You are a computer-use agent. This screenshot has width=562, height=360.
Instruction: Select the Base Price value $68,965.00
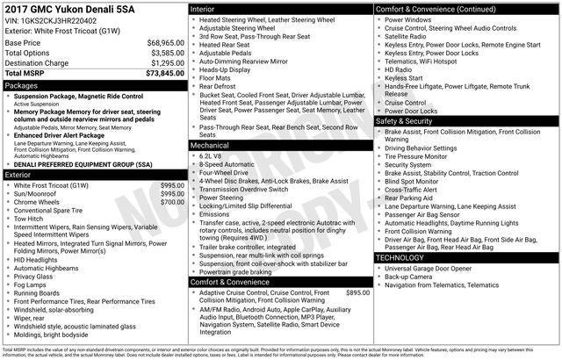pos(166,42)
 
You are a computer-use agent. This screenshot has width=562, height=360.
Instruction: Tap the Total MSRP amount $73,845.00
pos(165,75)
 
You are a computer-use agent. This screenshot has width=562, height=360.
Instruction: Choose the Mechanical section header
pos(209,144)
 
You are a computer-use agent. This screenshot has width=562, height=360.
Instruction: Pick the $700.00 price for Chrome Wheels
pos(172,202)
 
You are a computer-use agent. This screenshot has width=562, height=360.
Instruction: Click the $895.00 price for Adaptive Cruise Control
pos(357,292)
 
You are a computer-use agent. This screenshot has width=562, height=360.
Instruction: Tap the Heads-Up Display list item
pos(229,69)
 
